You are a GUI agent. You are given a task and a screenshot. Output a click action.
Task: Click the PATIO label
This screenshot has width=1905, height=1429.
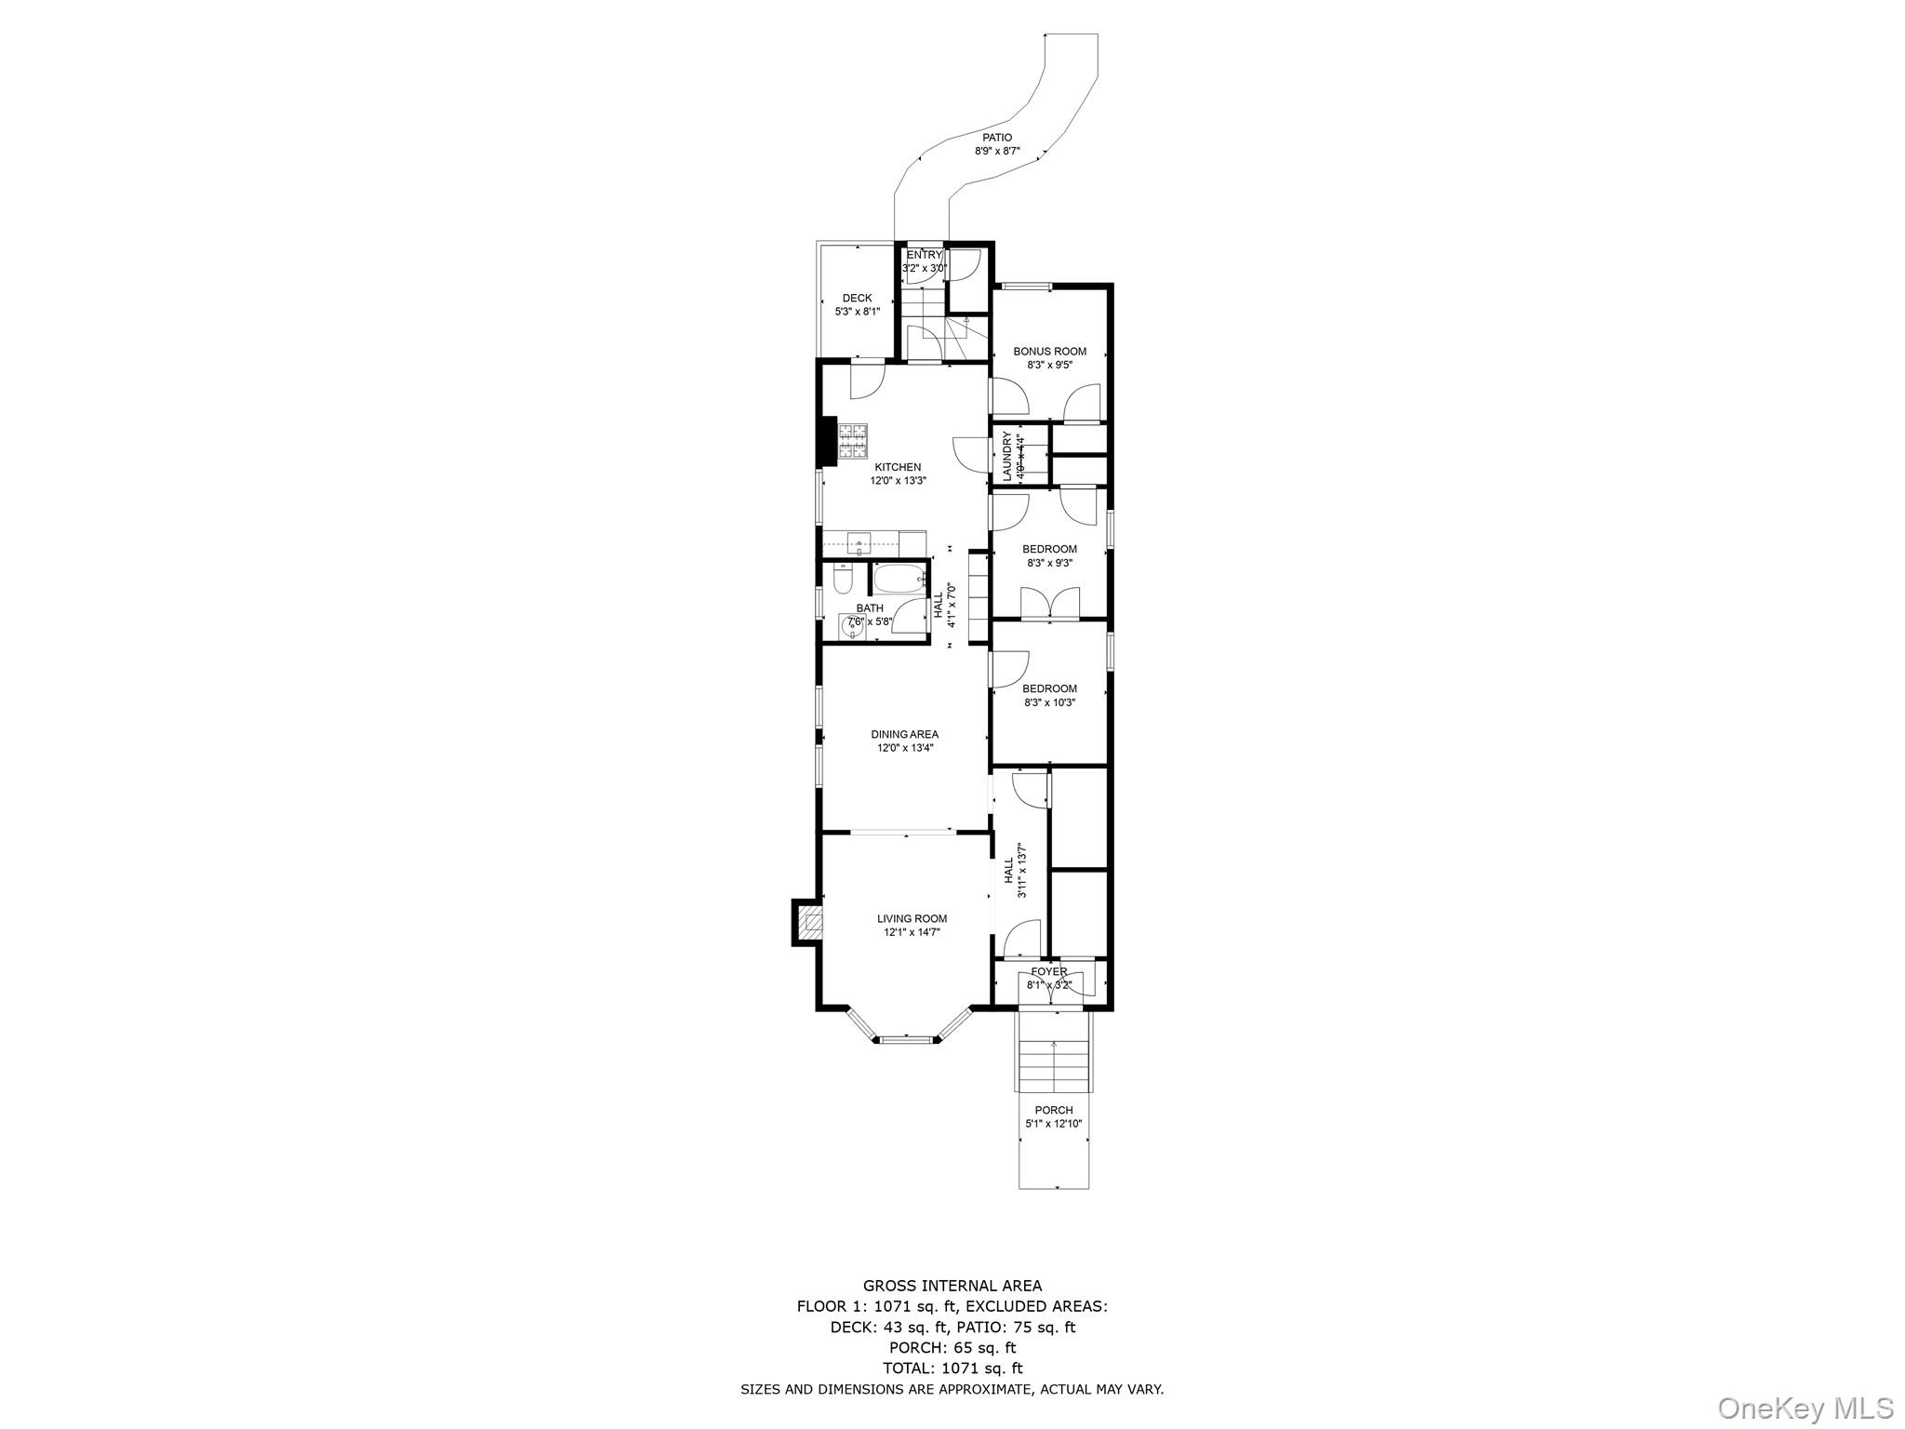(997, 138)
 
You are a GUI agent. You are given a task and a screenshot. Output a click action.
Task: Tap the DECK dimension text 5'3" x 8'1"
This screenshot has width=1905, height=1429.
(857, 312)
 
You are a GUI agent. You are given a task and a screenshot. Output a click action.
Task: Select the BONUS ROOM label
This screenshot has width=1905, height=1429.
(1049, 352)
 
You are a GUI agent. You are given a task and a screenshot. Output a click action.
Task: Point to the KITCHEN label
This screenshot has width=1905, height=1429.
(898, 467)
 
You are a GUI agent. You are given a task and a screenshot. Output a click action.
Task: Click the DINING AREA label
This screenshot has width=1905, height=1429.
(904, 734)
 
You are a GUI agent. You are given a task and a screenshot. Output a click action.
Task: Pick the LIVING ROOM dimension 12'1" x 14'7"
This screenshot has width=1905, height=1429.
(912, 932)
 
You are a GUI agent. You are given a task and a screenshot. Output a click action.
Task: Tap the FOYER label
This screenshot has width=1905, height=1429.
(1048, 972)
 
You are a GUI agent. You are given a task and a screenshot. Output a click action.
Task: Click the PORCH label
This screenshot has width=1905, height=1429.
(1053, 1110)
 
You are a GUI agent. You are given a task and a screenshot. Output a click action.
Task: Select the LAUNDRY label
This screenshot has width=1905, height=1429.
(1006, 455)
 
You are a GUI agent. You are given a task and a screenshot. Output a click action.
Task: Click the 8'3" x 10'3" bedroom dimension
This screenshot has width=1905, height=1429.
(1049, 702)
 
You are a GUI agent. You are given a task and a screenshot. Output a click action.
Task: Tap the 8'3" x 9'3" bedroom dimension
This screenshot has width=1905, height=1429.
(1049, 563)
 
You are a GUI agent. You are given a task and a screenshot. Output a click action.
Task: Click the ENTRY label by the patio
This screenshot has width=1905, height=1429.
(924, 255)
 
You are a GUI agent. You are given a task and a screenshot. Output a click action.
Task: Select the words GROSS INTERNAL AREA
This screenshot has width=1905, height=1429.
(952, 1287)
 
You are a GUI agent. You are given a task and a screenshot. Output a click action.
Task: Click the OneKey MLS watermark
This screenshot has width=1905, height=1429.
(1805, 1408)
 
